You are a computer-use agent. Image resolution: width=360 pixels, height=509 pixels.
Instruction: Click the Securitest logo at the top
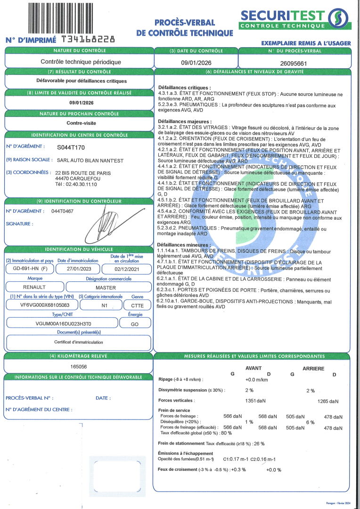coord(295,18)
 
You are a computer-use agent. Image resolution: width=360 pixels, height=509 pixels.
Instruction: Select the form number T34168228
coord(85,40)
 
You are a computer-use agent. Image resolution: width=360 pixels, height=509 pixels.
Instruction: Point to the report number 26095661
coord(294,62)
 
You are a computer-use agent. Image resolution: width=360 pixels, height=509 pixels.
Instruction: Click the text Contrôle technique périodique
coord(81,62)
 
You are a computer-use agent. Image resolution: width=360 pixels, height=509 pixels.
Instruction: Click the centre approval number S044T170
coord(71,147)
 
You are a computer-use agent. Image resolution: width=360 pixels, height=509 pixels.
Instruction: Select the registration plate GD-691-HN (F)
coord(27,269)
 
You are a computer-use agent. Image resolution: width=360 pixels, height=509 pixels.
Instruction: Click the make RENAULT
coord(34,287)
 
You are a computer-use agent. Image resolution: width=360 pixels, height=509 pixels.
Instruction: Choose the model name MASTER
coord(106,287)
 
